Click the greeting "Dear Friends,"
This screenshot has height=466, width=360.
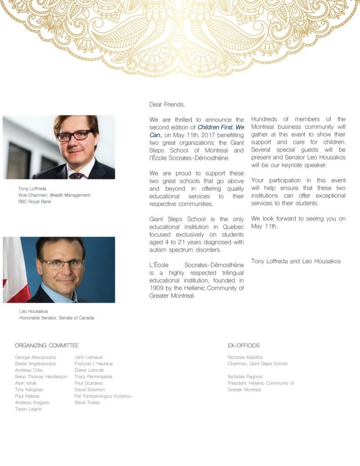[167, 104]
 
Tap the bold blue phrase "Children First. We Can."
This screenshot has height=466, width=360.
[221, 128]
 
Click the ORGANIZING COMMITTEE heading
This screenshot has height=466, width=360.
[47, 345]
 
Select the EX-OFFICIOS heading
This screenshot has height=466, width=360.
[243, 345]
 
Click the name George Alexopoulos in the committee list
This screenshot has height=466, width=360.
[35, 357]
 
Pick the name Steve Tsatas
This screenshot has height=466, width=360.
[87, 403]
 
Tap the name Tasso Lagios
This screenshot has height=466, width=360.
[28, 409]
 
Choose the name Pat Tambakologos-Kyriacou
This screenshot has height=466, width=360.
[102, 396]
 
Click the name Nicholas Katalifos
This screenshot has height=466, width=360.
[245, 357]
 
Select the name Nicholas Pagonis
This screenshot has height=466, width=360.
[245, 377]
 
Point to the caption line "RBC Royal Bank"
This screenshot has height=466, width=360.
[34, 201]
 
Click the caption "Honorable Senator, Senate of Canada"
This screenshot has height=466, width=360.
[56, 318]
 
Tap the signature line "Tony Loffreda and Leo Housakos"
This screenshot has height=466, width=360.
[296, 261]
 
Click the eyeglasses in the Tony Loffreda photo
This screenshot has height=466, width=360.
[75, 135]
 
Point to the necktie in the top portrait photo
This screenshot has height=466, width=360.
[78, 175]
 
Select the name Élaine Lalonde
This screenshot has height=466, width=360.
[89, 370]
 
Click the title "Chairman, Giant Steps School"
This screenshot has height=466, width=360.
[258, 364]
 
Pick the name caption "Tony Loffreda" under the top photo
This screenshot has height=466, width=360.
[32, 189]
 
